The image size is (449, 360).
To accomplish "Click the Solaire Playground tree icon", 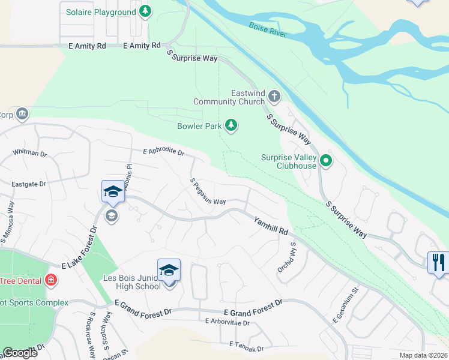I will (145, 11).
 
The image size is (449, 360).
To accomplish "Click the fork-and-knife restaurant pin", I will (438, 262).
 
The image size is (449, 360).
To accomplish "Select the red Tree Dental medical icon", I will (51, 280).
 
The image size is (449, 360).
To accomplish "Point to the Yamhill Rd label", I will (270, 226).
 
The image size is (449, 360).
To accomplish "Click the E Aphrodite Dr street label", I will (163, 152).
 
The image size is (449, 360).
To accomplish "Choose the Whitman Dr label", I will (29, 154).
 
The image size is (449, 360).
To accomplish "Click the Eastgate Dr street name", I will (29, 184).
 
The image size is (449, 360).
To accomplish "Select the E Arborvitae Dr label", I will (226, 322).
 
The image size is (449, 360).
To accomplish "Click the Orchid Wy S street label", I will (286, 258).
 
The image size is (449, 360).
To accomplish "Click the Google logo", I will (20, 353).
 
